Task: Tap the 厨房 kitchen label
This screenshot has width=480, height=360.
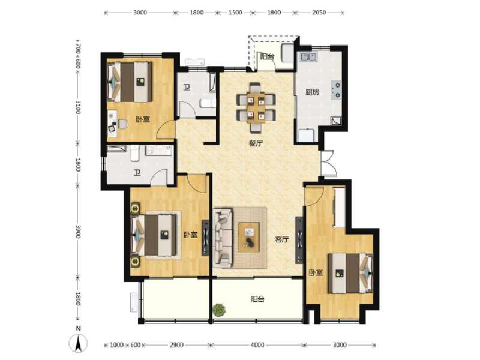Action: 311,92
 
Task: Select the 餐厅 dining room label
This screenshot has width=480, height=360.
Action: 256,143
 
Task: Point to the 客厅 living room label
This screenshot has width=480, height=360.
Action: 281,239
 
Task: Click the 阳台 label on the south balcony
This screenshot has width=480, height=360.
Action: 257,299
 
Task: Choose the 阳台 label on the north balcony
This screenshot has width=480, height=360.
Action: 267,57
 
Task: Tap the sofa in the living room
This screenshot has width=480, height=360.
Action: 223,237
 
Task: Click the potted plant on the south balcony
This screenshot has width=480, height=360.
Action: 219,310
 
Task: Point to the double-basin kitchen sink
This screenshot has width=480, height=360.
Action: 310,58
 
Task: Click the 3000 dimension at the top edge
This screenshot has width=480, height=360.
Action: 140,12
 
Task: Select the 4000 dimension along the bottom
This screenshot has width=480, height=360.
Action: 257,345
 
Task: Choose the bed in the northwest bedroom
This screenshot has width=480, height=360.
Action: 128,81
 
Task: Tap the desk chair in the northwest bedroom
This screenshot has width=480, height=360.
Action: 122,124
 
